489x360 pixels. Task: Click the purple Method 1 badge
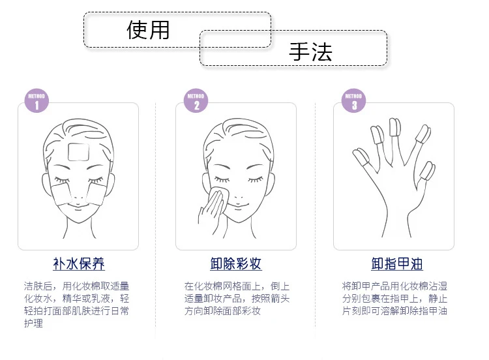pyautogui.click(x=37, y=100)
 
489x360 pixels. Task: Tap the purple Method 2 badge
pyautogui.click(x=196, y=100)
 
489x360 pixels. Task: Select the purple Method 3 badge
pyautogui.click(x=353, y=100)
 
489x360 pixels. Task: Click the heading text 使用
pyautogui.click(x=148, y=30)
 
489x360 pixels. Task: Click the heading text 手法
pyautogui.click(x=310, y=52)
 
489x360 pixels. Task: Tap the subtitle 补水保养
pyautogui.click(x=79, y=264)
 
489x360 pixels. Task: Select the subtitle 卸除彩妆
pyautogui.click(x=236, y=264)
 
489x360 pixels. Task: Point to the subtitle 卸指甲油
pyautogui.click(x=397, y=264)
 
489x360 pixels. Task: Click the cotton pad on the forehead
pyautogui.click(x=78, y=152)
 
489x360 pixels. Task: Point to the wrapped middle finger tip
pyautogui.click(x=395, y=127)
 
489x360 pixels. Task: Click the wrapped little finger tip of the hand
pyautogui.click(x=428, y=171)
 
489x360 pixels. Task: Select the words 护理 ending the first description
pyautogui.click(x=34, y=323)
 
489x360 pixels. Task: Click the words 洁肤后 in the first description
pyautogui.click(x=38, y=286)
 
